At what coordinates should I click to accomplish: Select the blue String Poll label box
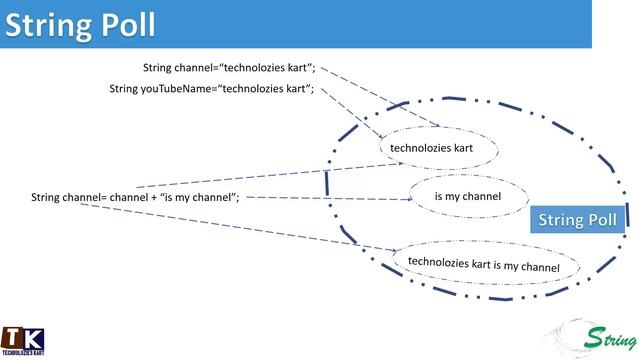click(x=578, y=219)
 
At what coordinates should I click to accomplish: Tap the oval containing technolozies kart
click(x=430, y=148)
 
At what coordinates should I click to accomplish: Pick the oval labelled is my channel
click(x=467, y=196)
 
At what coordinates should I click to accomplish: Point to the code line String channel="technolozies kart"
click(x=229, y=68)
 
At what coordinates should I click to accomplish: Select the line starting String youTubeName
click(x=212, y=89)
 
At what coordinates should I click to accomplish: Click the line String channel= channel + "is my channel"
click(x=135, y=197)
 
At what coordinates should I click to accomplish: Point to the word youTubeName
click(x=176, y=89)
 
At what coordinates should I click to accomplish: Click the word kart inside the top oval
click(x=458, y=148)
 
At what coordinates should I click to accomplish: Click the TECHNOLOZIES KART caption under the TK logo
click(x=21, y=353)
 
